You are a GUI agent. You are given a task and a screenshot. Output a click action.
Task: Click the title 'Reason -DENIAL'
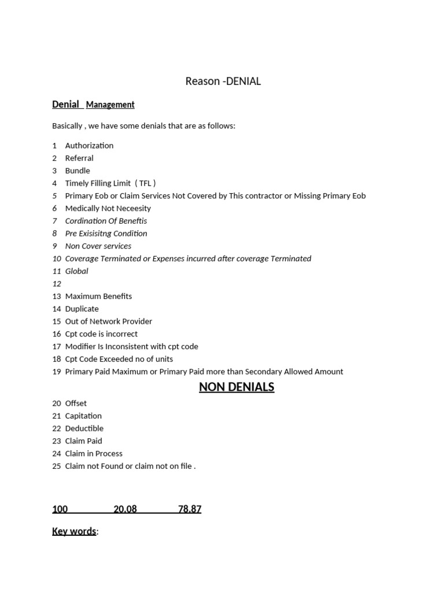point(223,82)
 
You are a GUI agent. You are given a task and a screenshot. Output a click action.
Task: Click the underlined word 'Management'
point(110,105)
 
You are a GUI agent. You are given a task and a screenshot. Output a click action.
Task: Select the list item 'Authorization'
point(89,146)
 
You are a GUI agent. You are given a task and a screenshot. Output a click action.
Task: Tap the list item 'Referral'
point(79,158)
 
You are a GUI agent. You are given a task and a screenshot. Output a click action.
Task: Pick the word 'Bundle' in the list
point(77,171)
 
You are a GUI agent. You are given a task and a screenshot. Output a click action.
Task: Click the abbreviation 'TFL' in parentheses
point(145,183)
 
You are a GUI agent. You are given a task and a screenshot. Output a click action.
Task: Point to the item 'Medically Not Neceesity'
point(108,208)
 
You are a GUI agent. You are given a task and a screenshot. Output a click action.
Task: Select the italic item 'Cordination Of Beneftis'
point(106,221)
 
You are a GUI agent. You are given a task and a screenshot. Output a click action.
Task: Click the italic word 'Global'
point(76,271)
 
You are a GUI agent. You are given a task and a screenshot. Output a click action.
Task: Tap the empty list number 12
point(57,284)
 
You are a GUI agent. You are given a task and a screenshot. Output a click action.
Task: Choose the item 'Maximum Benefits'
point(98,296)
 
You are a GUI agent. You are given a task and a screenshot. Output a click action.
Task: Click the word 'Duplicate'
point(82,309)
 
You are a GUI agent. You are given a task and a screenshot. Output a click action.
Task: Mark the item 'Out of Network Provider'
point(109,321)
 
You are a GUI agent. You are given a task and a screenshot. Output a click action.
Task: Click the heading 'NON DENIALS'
point(236,387)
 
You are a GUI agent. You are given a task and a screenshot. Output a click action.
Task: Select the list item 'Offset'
point(76,404)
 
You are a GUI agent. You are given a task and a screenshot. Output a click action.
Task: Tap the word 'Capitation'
point(83,416)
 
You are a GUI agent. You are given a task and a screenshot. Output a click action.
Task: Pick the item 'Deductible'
point(84,428)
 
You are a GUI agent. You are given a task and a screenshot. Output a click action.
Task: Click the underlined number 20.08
point(125,509)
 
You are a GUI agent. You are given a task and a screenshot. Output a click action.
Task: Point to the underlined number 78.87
point(190,509)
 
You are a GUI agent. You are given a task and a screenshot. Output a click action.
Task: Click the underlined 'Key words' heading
point(74,531)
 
